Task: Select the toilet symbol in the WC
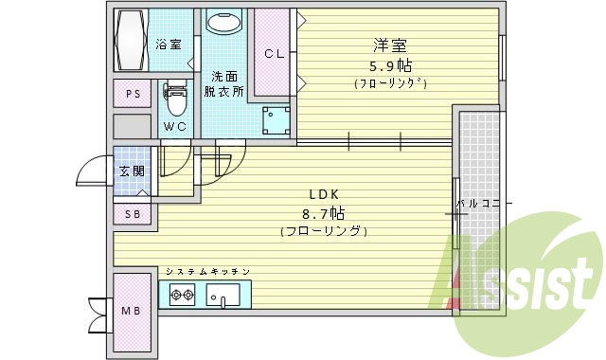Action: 175,98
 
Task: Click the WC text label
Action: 175,127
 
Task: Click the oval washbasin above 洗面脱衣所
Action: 224,24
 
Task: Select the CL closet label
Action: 274,54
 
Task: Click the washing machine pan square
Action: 276,118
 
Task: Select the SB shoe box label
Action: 132,215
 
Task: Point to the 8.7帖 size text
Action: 324,212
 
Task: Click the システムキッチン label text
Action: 207,272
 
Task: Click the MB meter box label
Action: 131,309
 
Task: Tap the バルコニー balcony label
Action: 484,204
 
